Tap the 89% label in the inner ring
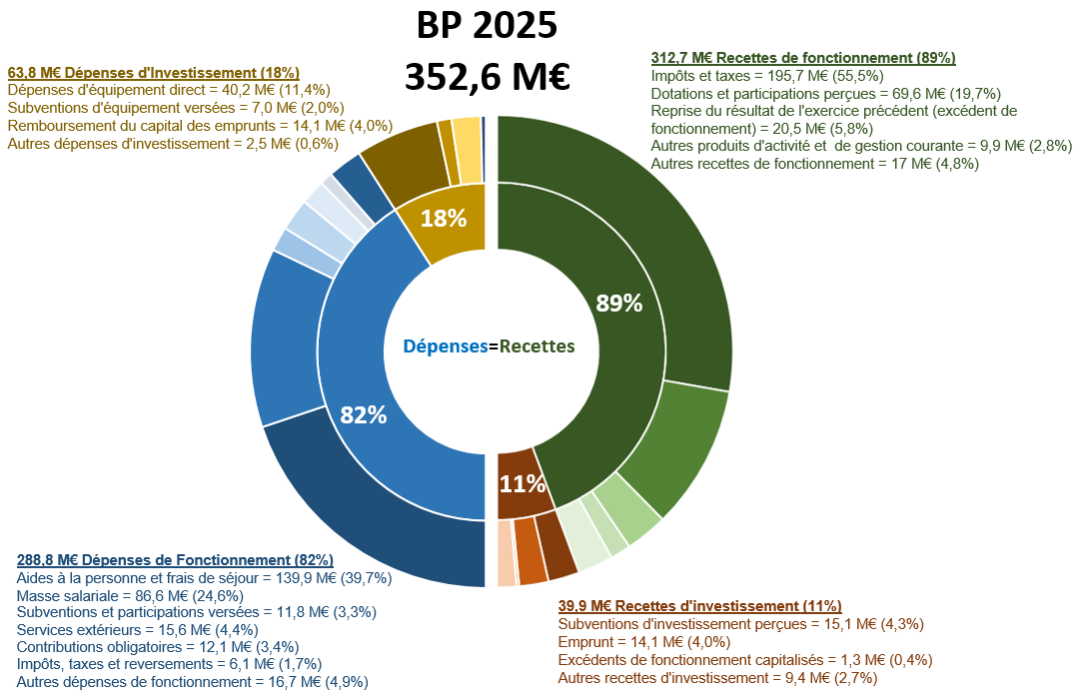coord(618,304)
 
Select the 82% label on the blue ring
coord(363,415)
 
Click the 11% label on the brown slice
coord(523,484)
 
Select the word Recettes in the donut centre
coord(538,347)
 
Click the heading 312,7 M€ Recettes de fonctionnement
coord(803,58)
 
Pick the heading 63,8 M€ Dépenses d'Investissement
coord(153,73)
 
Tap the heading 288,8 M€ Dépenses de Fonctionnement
coord(175,560)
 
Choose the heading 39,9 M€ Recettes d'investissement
coord(699,606)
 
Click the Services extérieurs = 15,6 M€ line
coord(137,630)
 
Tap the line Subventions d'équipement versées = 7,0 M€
coord(175,108)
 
